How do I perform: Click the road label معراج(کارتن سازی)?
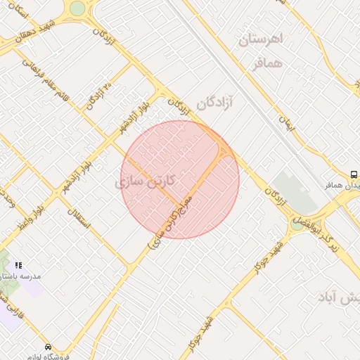(x=176, y=221)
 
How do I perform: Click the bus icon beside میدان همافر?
(x=354, y=174)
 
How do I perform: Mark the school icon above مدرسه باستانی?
(x=18, y=264)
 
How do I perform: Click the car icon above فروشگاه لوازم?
(x=48, y=347)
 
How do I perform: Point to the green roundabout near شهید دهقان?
(x=77, y=8)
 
